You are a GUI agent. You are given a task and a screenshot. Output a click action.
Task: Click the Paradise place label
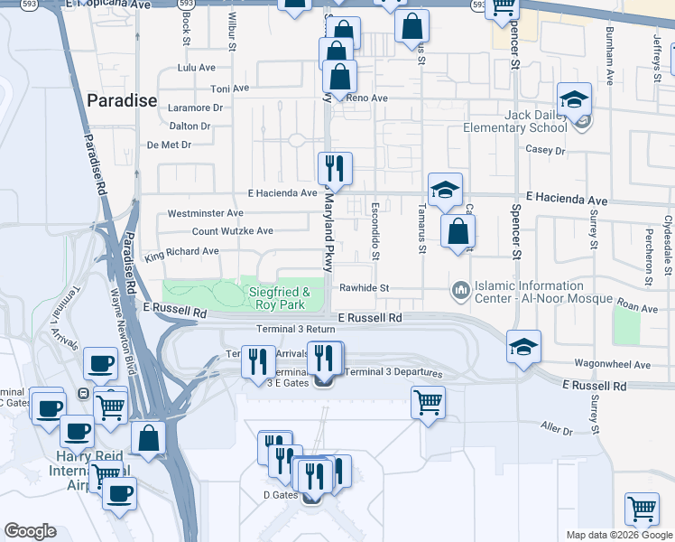121,100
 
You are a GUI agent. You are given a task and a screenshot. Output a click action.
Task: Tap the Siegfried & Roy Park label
280,298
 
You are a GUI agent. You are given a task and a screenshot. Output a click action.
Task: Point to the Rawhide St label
364,288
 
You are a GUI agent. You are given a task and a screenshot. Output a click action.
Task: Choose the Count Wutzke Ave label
233,231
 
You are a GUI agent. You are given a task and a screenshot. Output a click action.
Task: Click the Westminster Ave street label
206,214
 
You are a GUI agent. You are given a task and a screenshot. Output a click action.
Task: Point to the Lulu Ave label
197,68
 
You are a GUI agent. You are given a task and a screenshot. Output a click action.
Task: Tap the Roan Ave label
638,308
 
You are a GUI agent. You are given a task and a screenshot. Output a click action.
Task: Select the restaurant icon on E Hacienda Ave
334,168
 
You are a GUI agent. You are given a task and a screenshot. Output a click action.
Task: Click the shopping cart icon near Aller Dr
428,401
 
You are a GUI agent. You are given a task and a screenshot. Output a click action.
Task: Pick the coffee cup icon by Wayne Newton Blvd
99,363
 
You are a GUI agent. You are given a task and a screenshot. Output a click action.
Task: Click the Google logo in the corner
31,531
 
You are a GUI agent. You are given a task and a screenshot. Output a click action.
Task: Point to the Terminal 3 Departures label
393,372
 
